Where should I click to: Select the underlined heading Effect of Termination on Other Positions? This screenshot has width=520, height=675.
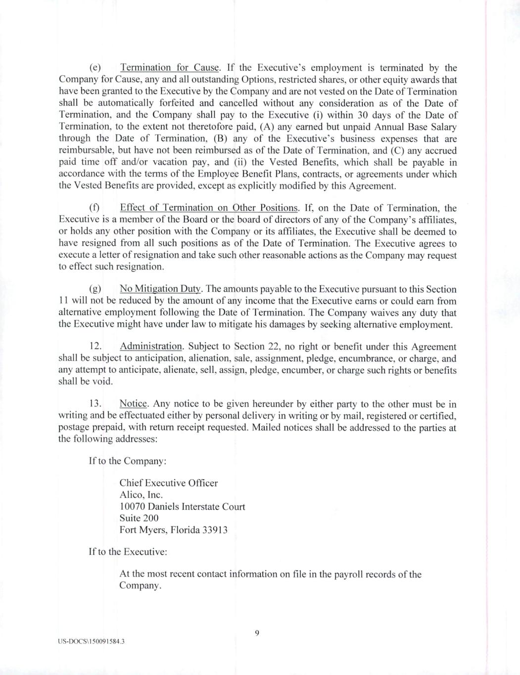(209, 208)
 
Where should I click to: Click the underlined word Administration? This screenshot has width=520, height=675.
(151, 347)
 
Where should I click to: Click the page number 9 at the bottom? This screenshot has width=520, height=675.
(257, 633)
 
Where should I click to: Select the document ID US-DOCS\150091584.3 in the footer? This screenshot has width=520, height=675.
(91, 641)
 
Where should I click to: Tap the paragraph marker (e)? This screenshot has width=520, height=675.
(95, 68)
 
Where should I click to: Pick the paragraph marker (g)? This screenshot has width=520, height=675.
(95, 289)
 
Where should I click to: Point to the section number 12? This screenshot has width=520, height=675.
(95, 347)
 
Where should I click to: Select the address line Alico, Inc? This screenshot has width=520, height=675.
(141, 495)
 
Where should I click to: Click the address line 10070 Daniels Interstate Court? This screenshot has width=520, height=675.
(182, 507)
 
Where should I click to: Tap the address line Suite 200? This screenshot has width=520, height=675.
(139, 518)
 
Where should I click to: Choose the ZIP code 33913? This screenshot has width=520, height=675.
(216, 530)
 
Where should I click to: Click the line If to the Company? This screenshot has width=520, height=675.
(128, 461)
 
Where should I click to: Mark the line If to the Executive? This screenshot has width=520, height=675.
(128, 551)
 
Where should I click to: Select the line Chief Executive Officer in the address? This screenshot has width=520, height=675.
(168, 483)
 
